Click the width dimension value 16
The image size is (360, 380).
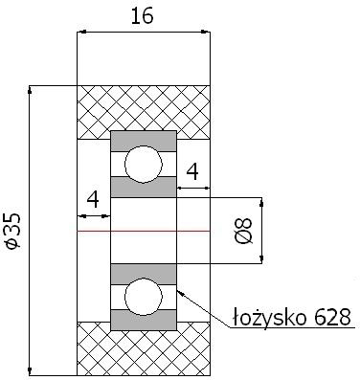(x=143, y=16)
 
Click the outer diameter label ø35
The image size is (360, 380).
(x=13, y=231)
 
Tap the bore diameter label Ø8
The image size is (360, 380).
(x=245, y=231)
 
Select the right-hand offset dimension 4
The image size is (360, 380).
(x=192, y=171)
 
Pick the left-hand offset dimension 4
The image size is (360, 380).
(x=93, y=200)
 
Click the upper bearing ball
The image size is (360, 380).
(x=144, y=165)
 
